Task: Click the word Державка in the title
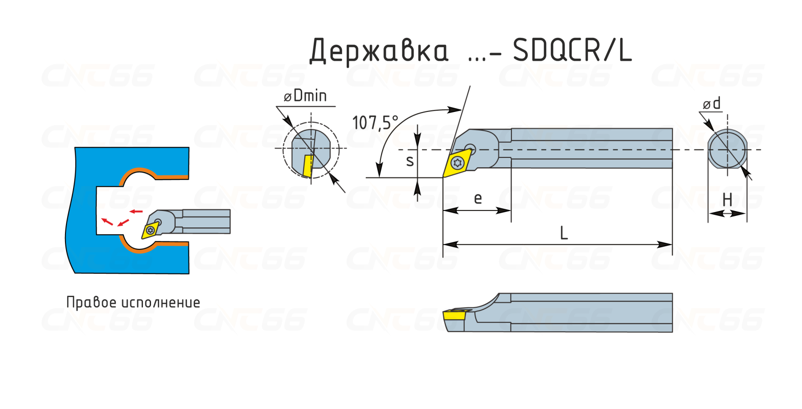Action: [379, 51]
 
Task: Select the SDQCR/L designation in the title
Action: [572, 50]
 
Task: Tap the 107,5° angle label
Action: [375, 123]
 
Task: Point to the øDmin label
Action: [305, 95]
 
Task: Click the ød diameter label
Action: [712, 103]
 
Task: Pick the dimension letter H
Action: [727, 199]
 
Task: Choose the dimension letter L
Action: [564, 233]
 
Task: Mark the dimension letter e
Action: [478, 198]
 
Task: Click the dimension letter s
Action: [410, 161]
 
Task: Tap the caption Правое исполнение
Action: [133, 302]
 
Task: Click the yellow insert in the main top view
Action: [457, 163]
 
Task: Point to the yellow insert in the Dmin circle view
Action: [307, 166]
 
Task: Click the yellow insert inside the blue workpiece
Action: [150, 230]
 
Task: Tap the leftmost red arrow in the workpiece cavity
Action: [107, 221]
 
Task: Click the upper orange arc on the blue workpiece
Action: [154, 174]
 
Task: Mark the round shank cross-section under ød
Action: [727, 149]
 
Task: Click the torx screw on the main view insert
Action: [457, 163]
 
